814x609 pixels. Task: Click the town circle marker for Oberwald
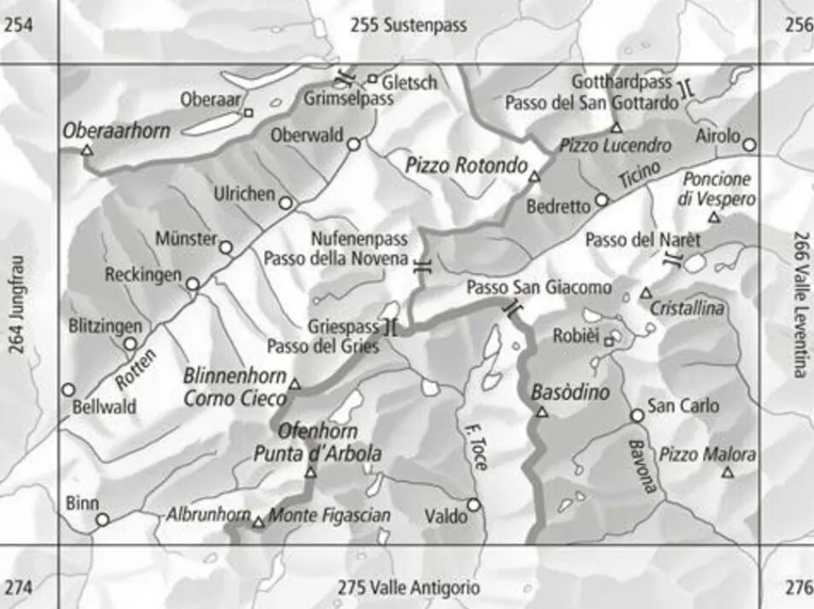click(354, 145)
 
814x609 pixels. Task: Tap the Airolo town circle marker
click(750, 145)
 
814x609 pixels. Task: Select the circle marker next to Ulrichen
click(286, 203)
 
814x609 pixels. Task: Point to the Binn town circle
click(103, 520)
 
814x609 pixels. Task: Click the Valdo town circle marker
click(474, 505)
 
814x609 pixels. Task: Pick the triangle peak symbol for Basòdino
click(542, 412)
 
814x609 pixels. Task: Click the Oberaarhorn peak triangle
click(88, 151)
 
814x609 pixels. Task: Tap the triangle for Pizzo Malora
click(728, 472)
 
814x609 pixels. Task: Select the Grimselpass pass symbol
click(344, 78)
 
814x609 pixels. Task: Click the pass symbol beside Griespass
click(390, 328)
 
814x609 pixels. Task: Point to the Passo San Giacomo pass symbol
click(512, 308)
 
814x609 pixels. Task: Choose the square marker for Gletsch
click(372, 80)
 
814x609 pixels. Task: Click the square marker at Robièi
click(609, 342)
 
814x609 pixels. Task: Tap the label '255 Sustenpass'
click(409, 25)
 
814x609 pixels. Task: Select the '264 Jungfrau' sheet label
click(17, 305)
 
